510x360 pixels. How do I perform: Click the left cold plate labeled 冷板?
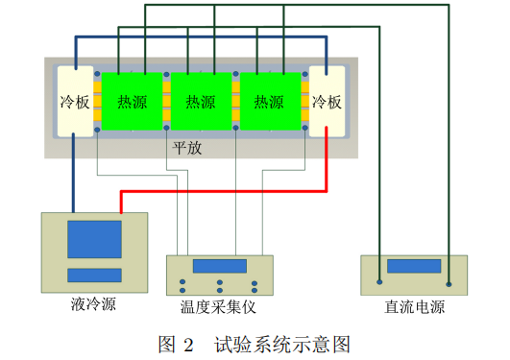[75, 100]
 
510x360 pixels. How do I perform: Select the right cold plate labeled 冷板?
[326, 100]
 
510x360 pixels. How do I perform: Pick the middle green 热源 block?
[200, 101]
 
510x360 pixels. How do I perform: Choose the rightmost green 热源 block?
[270, 101]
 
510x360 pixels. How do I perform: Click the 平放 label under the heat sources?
[186, 149]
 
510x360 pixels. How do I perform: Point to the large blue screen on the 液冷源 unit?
[94, 239]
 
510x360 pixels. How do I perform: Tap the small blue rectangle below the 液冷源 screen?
[94, 276]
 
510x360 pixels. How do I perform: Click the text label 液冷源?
[93, 306]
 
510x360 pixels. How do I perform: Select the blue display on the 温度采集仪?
[219, 266]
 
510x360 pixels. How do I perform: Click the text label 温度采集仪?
[219, 307]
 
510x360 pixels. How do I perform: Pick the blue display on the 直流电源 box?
[414, 266]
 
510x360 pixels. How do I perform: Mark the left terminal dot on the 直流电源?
[380, 282]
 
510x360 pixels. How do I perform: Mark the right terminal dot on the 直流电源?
[449, 282]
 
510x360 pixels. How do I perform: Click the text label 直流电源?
[414, 307]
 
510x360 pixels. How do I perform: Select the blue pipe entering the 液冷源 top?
[74, 173]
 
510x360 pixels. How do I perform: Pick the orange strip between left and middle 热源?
[165, 101]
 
